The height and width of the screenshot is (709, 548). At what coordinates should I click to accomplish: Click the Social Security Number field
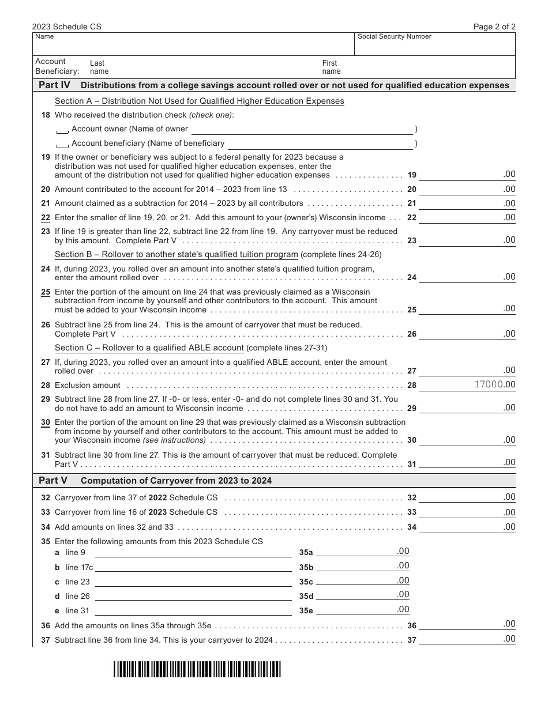(434, 46)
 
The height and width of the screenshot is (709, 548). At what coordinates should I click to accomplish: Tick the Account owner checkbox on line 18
(62, 130)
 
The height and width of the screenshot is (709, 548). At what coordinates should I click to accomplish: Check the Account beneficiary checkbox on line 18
(62, 145)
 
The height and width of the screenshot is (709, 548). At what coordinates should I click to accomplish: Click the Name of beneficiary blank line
(320, 144)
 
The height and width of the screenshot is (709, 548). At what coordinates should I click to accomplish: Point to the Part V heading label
(53, 480)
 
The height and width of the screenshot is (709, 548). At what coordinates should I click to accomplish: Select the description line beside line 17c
(193, 567)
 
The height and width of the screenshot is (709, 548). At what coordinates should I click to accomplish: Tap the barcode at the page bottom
(197, 669)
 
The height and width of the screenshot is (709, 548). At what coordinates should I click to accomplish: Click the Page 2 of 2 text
(494, 27)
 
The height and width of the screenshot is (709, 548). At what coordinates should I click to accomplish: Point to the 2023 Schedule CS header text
(63, 27)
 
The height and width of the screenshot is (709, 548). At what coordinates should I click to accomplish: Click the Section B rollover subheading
(176, 255)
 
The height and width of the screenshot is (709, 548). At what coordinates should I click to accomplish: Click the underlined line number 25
(46, 292)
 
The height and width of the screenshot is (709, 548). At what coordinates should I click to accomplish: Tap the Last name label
(98, 67)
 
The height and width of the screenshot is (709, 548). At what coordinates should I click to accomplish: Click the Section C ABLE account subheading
(149, 348)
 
